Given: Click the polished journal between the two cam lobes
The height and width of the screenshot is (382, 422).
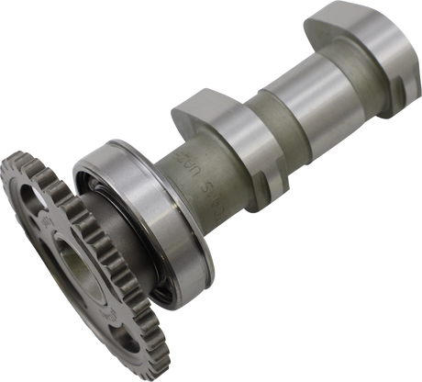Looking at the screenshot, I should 294,101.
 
